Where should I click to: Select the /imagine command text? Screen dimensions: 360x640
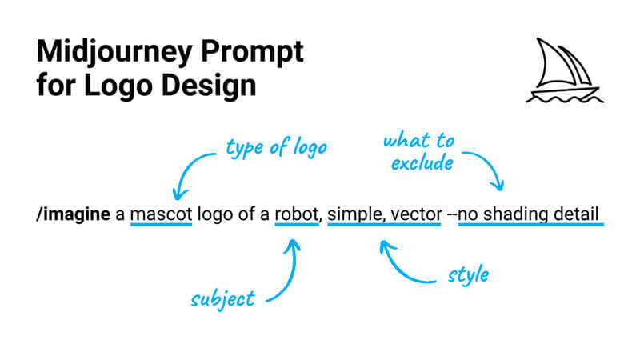pos(73,215)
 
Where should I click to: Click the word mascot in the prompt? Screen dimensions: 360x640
pos(161,215)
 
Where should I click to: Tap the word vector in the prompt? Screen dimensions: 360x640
pos(411,215)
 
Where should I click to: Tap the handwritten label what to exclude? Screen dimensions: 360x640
pos(418,152)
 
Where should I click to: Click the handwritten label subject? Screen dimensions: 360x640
pos(222,299)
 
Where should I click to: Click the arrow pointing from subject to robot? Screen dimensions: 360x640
pos(288,272)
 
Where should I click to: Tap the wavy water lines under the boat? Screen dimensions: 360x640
pos(563,98)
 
